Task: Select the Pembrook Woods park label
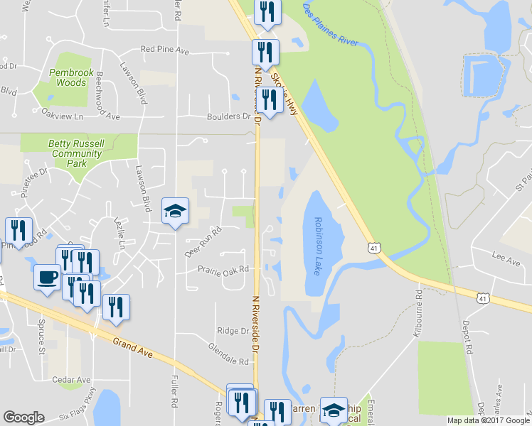(68, 77)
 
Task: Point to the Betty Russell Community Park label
(76, 153)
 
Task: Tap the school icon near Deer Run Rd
(175, 211)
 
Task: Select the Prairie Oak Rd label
(225, 269)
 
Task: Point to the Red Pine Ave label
(164, 50)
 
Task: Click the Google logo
(23, 417)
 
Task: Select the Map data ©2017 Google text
(488, 420)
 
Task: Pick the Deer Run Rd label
(203, 241)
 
